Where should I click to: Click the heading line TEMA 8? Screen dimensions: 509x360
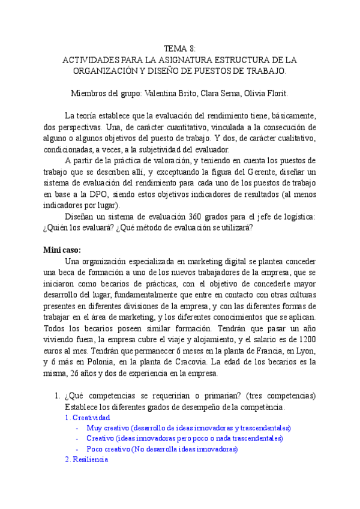point(179,49)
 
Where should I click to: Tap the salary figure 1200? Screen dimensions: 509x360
point(308,339)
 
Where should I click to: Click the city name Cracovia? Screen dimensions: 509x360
point(176,362)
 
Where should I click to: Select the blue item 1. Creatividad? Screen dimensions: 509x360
point(88,417)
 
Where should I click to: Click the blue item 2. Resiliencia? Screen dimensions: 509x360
point(86,459)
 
